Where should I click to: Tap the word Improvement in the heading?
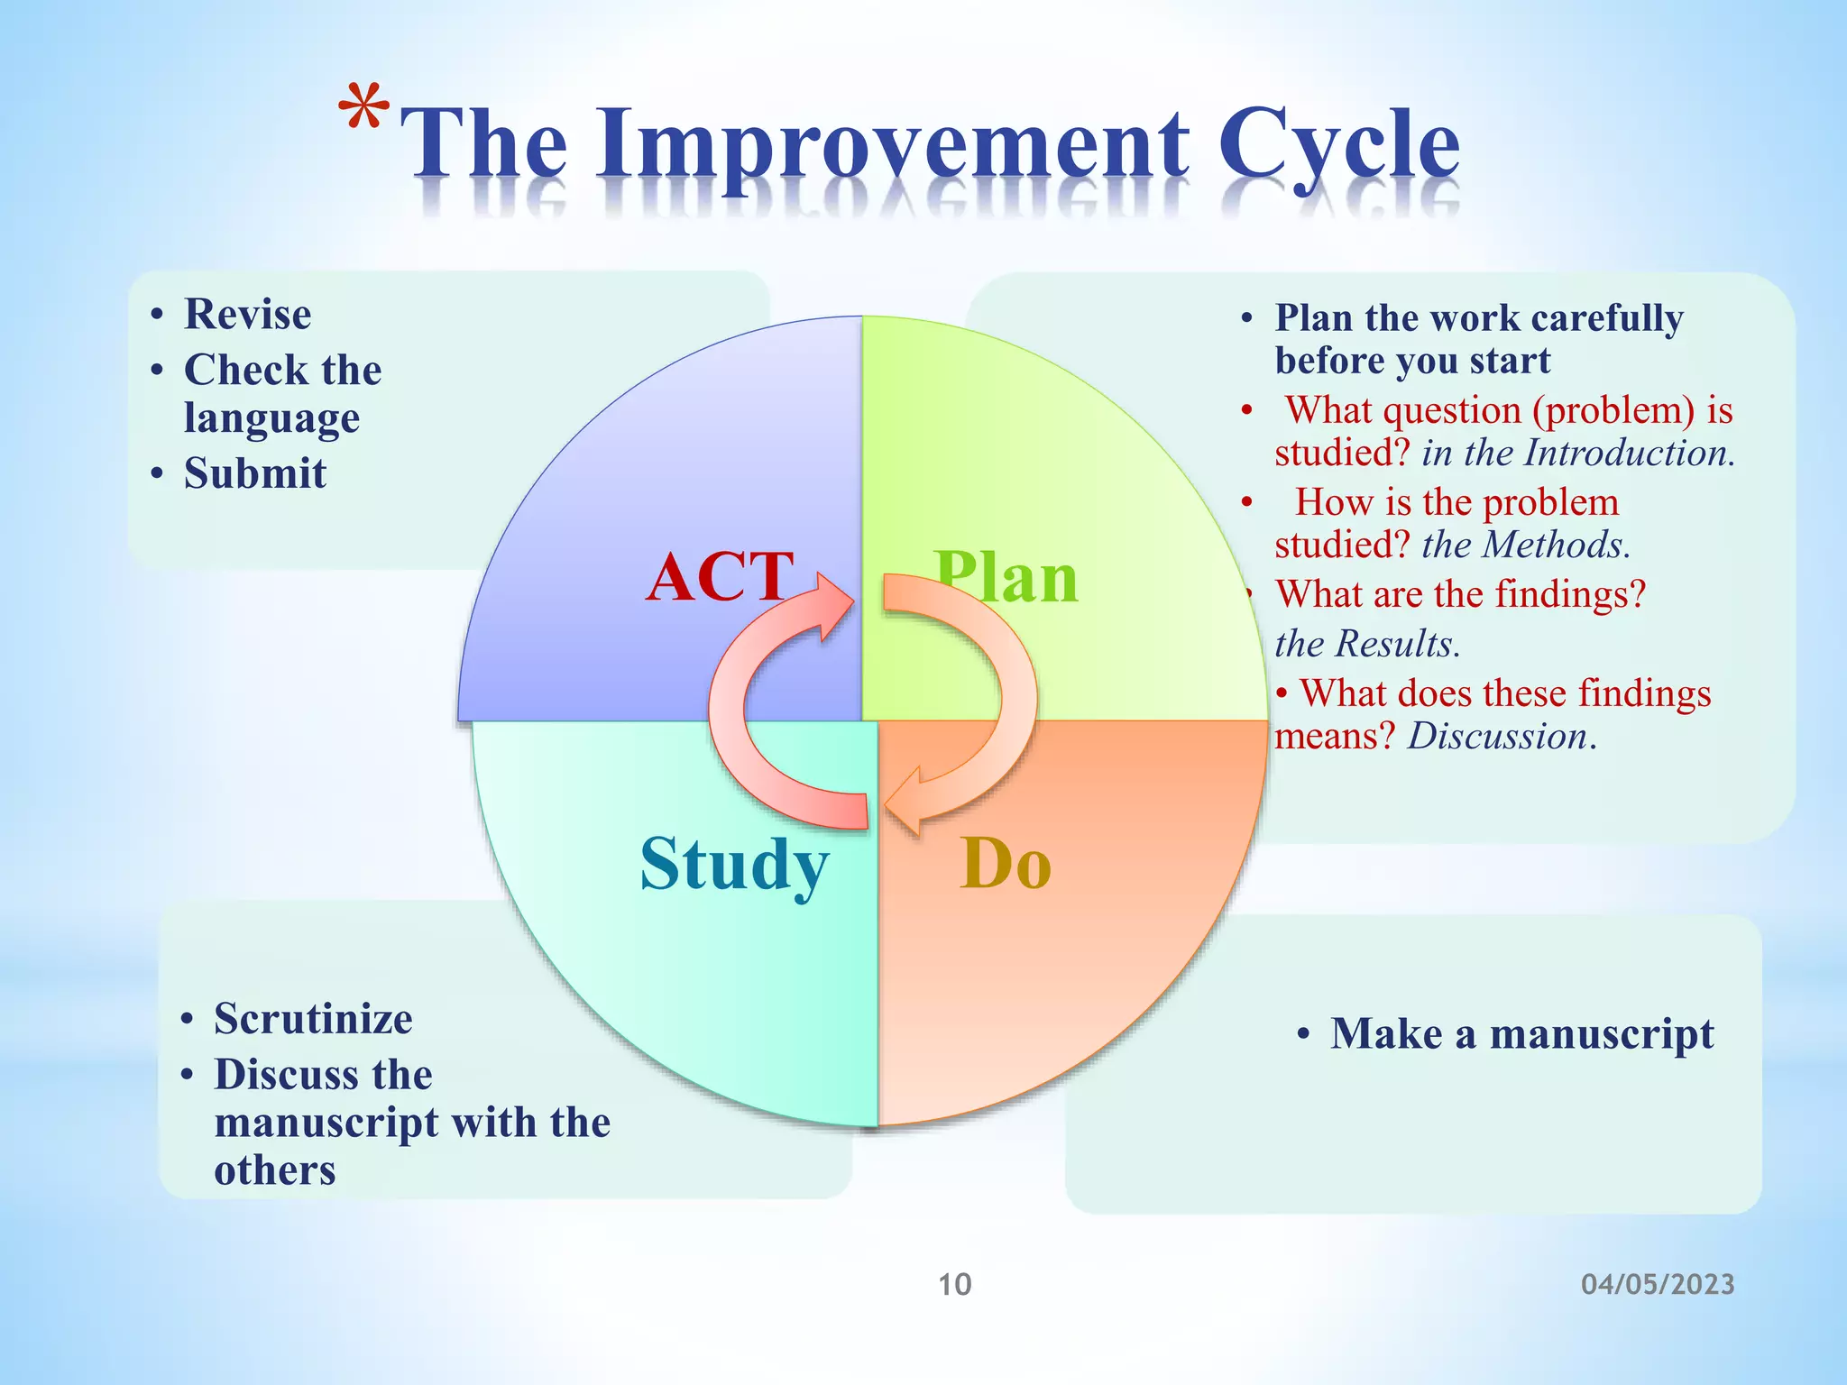(x=893, y=144)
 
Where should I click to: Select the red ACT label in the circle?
(x=719, y=577)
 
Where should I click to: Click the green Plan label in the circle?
(x=1006, y=577)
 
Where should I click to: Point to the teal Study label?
(x=734, y=864)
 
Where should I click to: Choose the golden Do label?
(x=1006, y=864)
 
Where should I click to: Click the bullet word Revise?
(x=248, y=315)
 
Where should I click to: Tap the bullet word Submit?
(x=255, y=473)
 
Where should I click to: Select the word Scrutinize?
(x=313, y=1019)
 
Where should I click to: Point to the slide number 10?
(x=954, y=1284)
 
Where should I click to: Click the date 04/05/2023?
(x=1658, y=1284)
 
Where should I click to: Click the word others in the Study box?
(x=275, y=1170)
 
